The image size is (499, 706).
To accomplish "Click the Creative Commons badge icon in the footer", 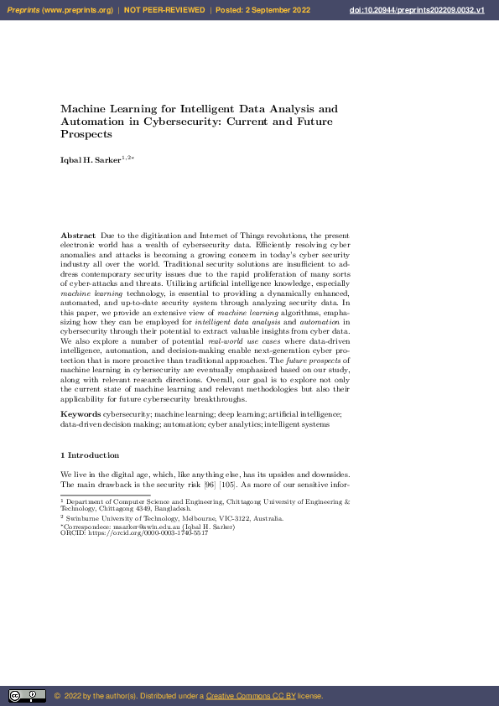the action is click(x=27, y=696).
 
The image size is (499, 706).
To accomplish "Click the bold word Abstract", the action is click(x=78, y=236).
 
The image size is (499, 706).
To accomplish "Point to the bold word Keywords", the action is click(x=81, y=415).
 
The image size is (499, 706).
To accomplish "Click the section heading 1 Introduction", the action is click(x=91, y=455).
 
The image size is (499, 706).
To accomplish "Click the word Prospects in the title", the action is click(x=86, y=133).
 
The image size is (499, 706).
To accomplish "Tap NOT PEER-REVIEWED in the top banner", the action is click(x=164, y=9).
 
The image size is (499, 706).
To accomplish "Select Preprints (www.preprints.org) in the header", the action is click(x=61, y=9).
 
